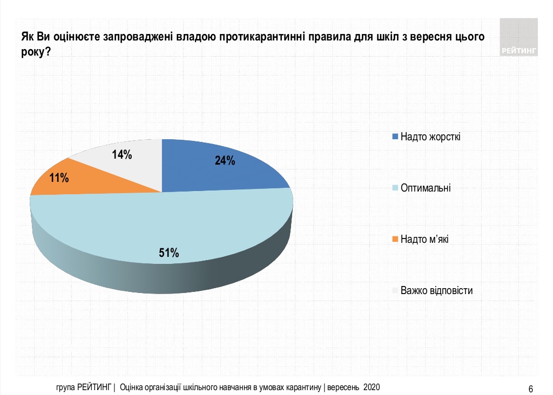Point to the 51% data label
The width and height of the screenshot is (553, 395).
click(168, 253)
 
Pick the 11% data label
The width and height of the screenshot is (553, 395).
click(59, 177)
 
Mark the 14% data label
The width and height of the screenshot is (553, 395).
click(122, 155)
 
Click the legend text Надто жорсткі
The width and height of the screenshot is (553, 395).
click(430, 136)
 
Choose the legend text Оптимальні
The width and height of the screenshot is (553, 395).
click(425, 188)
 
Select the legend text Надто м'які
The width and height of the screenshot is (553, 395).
click(424, 240)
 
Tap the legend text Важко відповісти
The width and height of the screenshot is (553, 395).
click(436, 291)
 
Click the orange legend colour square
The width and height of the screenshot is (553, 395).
click(395, 240)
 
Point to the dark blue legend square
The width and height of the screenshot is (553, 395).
click(395, 136)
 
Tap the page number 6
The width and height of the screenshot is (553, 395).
click(531, 389)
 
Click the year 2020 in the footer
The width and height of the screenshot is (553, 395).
click(372, 387)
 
